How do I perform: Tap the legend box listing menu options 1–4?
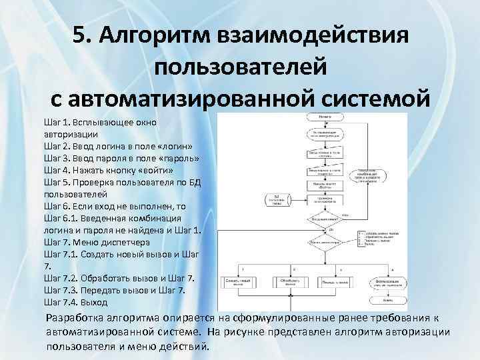click(380, 237)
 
